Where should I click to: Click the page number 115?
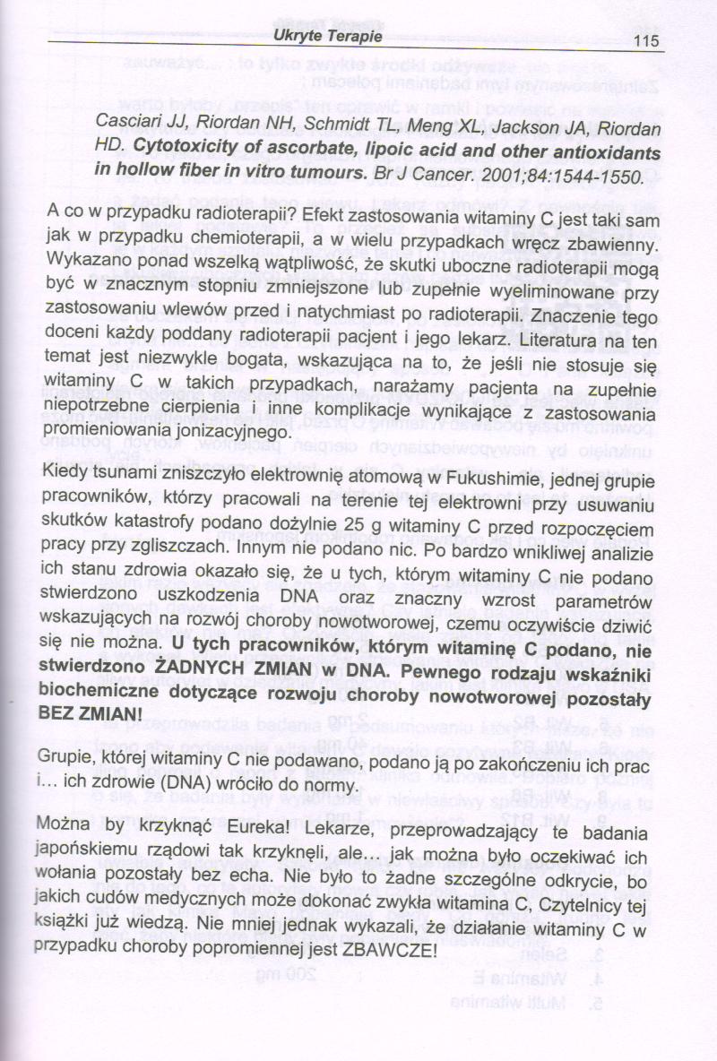tap(644, 40)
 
